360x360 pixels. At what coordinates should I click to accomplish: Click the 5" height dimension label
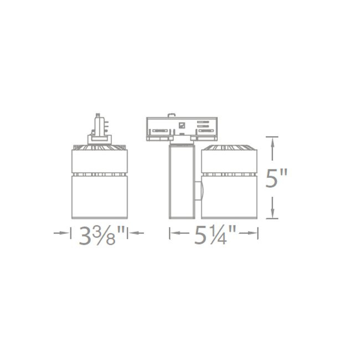coord(275,178)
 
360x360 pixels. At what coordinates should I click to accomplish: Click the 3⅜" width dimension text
coord(100,235)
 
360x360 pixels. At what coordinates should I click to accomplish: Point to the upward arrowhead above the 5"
coord(272,143)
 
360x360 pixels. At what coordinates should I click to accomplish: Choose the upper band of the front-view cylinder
coord(100,162)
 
